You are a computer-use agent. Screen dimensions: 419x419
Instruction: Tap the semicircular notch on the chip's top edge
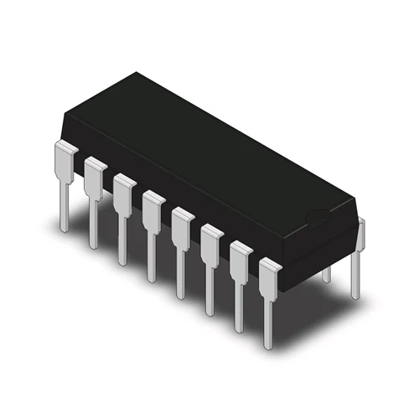(317, 220)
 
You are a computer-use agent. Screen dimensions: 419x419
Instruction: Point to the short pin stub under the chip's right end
(327, 272)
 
